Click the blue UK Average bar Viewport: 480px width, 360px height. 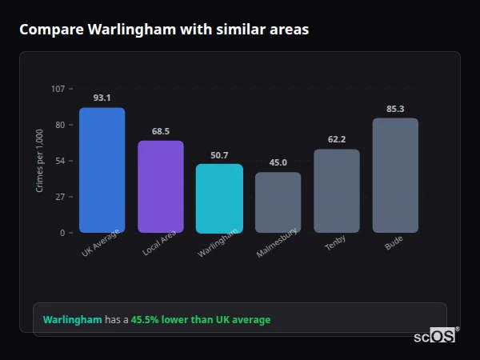tap(102, 170)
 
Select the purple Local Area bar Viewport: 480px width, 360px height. tap(161, 186)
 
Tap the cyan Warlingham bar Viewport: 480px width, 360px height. tap(219, 198)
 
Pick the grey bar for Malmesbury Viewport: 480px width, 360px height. tap(278, 202)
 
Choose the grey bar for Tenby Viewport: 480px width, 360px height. tap(337, 190)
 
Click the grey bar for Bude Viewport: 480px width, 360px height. tap(395, 175)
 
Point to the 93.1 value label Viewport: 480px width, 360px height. tap(102, 98)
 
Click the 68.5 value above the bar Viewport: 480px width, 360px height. tap(161, 131)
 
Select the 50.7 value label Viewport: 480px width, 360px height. tap(219, 155)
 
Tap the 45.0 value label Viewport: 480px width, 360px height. tap(278, 162)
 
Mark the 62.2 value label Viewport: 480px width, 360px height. tap(337, 139)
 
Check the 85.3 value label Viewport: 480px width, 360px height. tap(395, 109)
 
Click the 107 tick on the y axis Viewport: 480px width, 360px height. tap(58, 89)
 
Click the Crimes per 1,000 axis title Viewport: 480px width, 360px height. tap(40, 161)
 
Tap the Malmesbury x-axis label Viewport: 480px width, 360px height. tap(278, 243)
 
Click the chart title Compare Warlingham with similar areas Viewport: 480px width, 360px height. tap(164, 30)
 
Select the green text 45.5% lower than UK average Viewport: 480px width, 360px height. tap(201, 320)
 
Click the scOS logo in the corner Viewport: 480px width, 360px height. tap(435, 336)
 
